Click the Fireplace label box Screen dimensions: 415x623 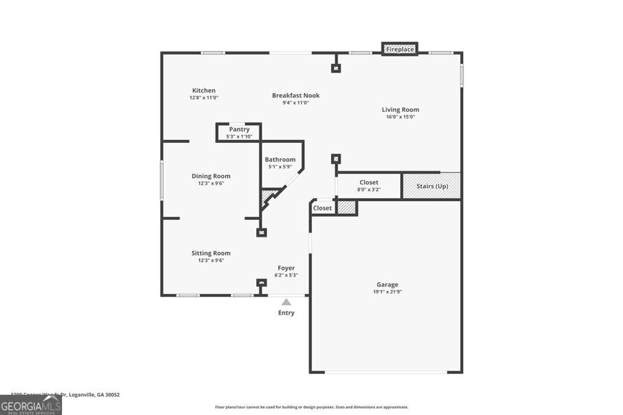[400, 49]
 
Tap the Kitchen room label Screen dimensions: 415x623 [204, 91]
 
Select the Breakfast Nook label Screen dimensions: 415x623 [296, 95]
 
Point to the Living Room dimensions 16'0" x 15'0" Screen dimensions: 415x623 [400, 117]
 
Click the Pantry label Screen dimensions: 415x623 [239, 129]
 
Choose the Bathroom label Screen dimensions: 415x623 [280, 160]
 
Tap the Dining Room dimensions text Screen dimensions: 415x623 [211, 183]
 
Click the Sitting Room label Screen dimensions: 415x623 [211, 253]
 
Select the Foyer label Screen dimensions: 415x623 [286, 268]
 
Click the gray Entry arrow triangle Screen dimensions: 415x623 [286, 302]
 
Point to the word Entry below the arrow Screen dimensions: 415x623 [286, 313]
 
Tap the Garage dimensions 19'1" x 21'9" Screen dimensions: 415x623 [387, 292]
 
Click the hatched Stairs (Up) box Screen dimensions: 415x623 [431, 186]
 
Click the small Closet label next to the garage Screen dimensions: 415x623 [322, 208]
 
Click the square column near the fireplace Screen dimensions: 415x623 [336, 68]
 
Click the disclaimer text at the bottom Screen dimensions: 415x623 [311, 407]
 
